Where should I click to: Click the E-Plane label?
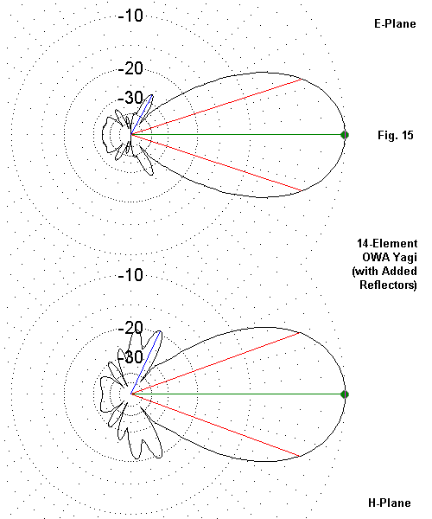tap(395, 23)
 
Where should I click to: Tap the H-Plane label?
tap(390, 503)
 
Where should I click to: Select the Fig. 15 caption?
tap(396, 135)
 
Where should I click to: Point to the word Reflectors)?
tap(388, 285)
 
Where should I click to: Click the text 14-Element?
tap(387, 244)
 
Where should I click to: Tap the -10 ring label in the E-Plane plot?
tap(130, 16)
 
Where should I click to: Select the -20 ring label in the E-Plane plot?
tap(130, 68)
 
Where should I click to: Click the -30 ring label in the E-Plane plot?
tap(130, 98)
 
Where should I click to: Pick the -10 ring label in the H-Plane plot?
tap(130, 275)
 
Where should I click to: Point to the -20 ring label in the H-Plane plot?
tap(130, 328)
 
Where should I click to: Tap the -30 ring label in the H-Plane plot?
tap(130, 357)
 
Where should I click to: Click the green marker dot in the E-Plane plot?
tap(345, 135)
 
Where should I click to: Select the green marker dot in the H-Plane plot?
tap(345, 394)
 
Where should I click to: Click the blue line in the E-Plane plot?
tap(142, 115)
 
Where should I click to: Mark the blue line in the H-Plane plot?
tap(146, 362)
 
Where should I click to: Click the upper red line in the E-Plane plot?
tap(217, 107)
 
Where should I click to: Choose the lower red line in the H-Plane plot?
tap(216, 425)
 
